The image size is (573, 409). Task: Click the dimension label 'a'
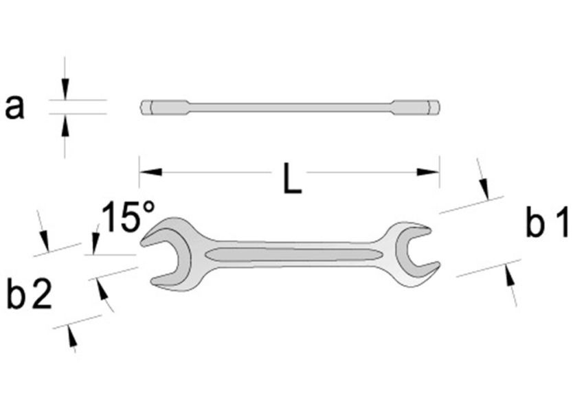click(14, 108)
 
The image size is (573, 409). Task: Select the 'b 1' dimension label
click(547, 225)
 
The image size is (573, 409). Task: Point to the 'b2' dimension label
click(28, 295)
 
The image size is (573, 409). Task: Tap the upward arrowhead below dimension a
click(65, 124)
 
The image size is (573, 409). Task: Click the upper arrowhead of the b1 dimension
click(485, 187)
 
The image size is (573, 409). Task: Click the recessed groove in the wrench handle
click(295, 255)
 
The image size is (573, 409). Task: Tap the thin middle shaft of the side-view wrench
click(289, 108)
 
